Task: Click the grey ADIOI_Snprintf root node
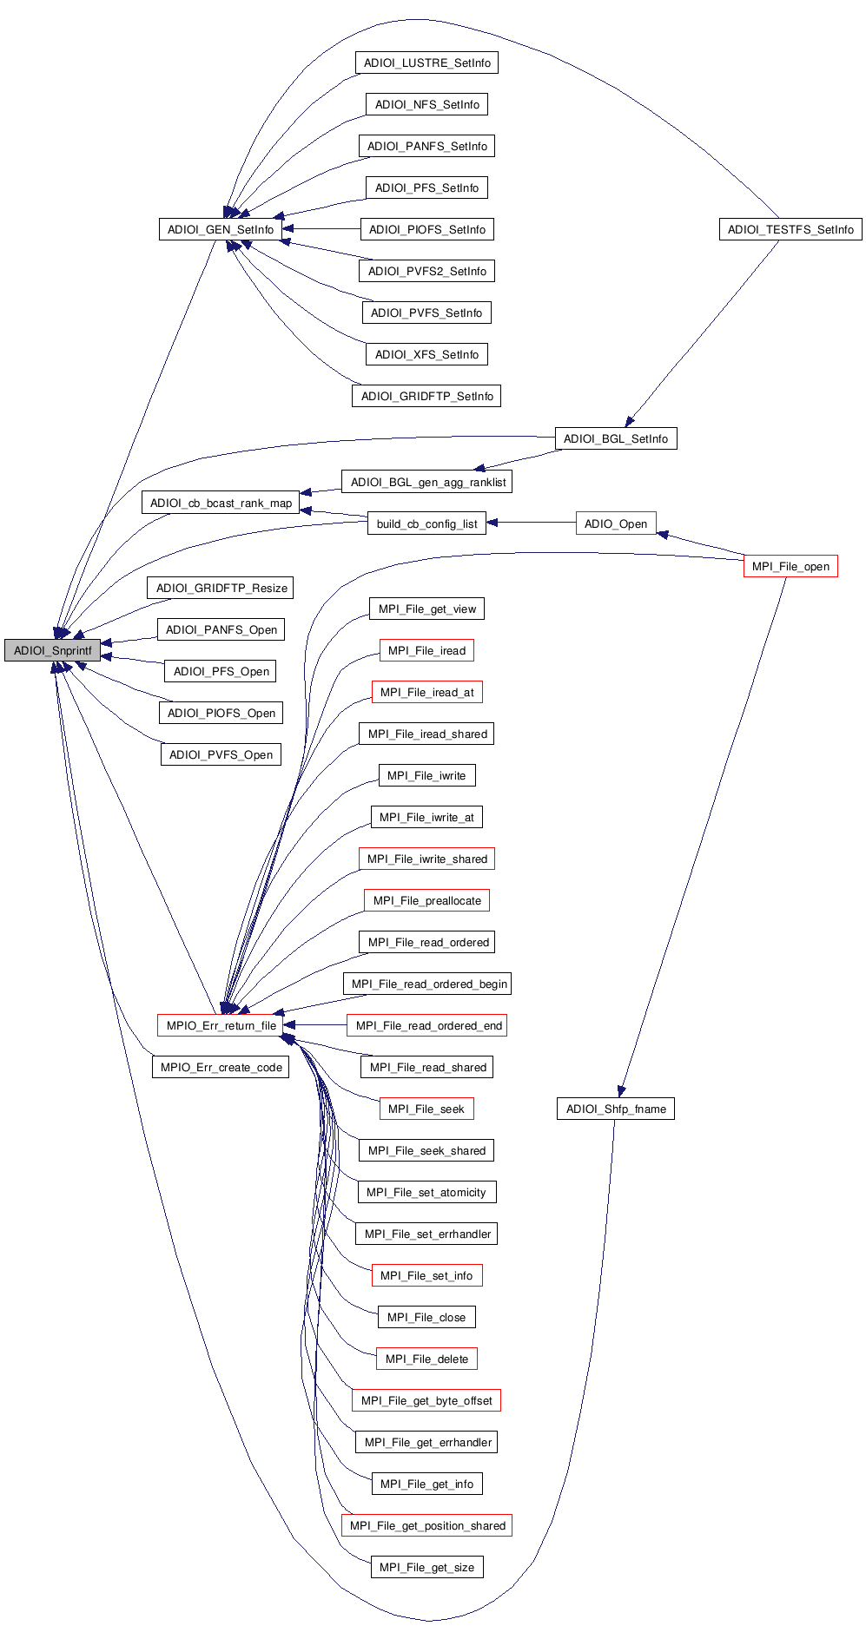tap(52, 650)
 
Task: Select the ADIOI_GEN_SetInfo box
tap(221, 229)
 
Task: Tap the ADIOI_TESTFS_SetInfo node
tap(790, 229)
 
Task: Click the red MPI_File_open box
tap(790, 566)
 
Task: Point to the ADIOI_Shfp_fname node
tap(615, 1109)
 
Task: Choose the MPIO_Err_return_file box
tap(221, 1025)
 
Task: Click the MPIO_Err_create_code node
tap(221, 1067)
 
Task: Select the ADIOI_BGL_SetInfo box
tap(615, 438)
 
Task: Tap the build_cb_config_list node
tap(426, 523)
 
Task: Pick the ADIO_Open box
tap(615, 523)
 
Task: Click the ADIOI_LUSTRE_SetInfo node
tap(426, 63)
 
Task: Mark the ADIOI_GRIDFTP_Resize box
tap(221, 588)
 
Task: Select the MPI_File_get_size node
tap(426, 1567)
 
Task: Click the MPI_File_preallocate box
tap(426, 900)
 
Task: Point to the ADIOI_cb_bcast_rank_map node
tap(221, 503)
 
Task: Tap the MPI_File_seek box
tap(426, 1109)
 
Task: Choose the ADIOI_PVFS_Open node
tap(221, 754)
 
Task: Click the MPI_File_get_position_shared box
tap(426, 1525)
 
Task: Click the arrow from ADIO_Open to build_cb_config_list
tap(531, 523)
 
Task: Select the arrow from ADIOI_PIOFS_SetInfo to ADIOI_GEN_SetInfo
tap(321, 229)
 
